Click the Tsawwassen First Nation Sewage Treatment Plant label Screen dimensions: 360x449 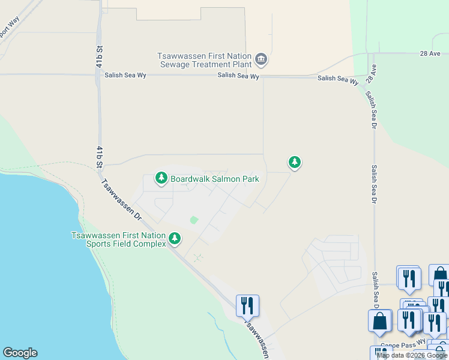click(204, 59)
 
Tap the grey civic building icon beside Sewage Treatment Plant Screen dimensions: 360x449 click(261, 59)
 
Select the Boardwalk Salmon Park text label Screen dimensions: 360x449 click(214, 179)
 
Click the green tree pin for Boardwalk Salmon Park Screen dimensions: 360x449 click(161, 178)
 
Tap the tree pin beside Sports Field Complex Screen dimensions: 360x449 click(175, 239)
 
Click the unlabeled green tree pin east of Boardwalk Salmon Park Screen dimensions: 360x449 click(294, 162)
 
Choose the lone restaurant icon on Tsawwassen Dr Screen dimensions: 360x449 click(247, 305)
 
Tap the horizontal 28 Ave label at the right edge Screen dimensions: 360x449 click(430, 53)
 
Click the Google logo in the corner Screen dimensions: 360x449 click(20, 353)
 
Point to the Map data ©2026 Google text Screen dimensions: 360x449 click(412, 355)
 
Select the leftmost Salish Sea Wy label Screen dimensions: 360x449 click(124, 76)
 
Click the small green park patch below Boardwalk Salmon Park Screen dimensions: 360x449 click(193, 220)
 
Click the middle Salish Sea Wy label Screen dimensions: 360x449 click(238, 76)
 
